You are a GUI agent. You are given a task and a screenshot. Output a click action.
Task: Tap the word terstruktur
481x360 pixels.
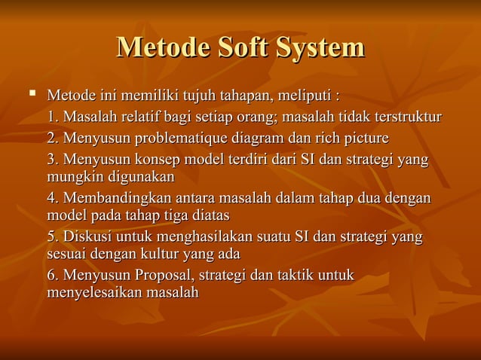[406, 117]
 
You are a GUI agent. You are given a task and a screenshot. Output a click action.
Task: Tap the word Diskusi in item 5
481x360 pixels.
[86, 238]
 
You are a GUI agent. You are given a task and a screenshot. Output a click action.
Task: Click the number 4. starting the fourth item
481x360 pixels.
[52, 199]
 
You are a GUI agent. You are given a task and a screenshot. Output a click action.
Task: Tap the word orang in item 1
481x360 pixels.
[255, 117]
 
